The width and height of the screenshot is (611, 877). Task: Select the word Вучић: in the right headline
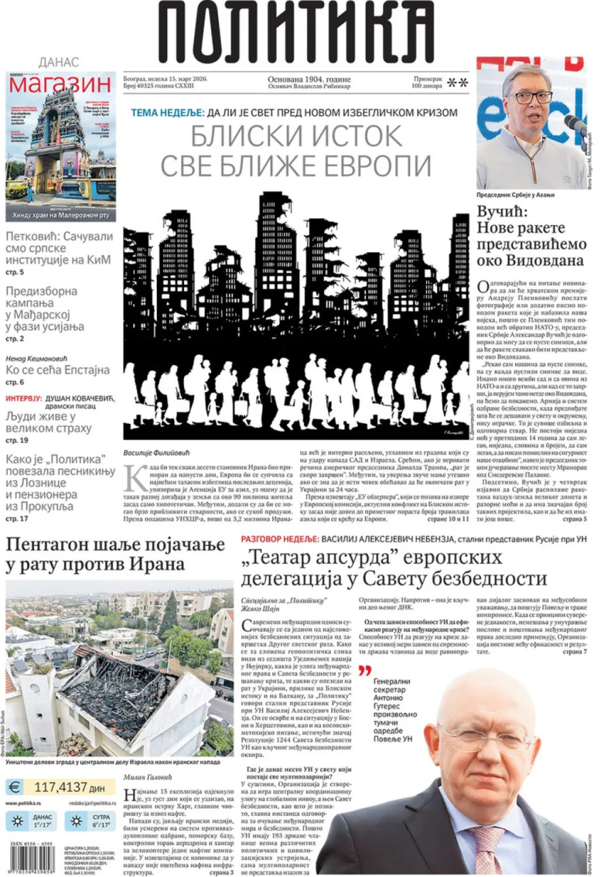(x=503, y=210)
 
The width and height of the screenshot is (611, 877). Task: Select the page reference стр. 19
(x=16, y=441)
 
